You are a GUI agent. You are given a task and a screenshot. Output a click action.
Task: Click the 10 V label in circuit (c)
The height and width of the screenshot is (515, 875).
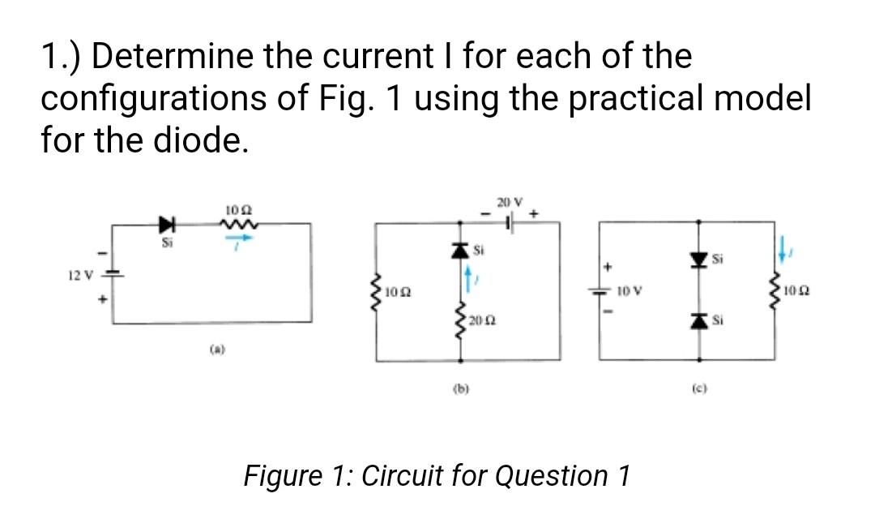630,290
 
